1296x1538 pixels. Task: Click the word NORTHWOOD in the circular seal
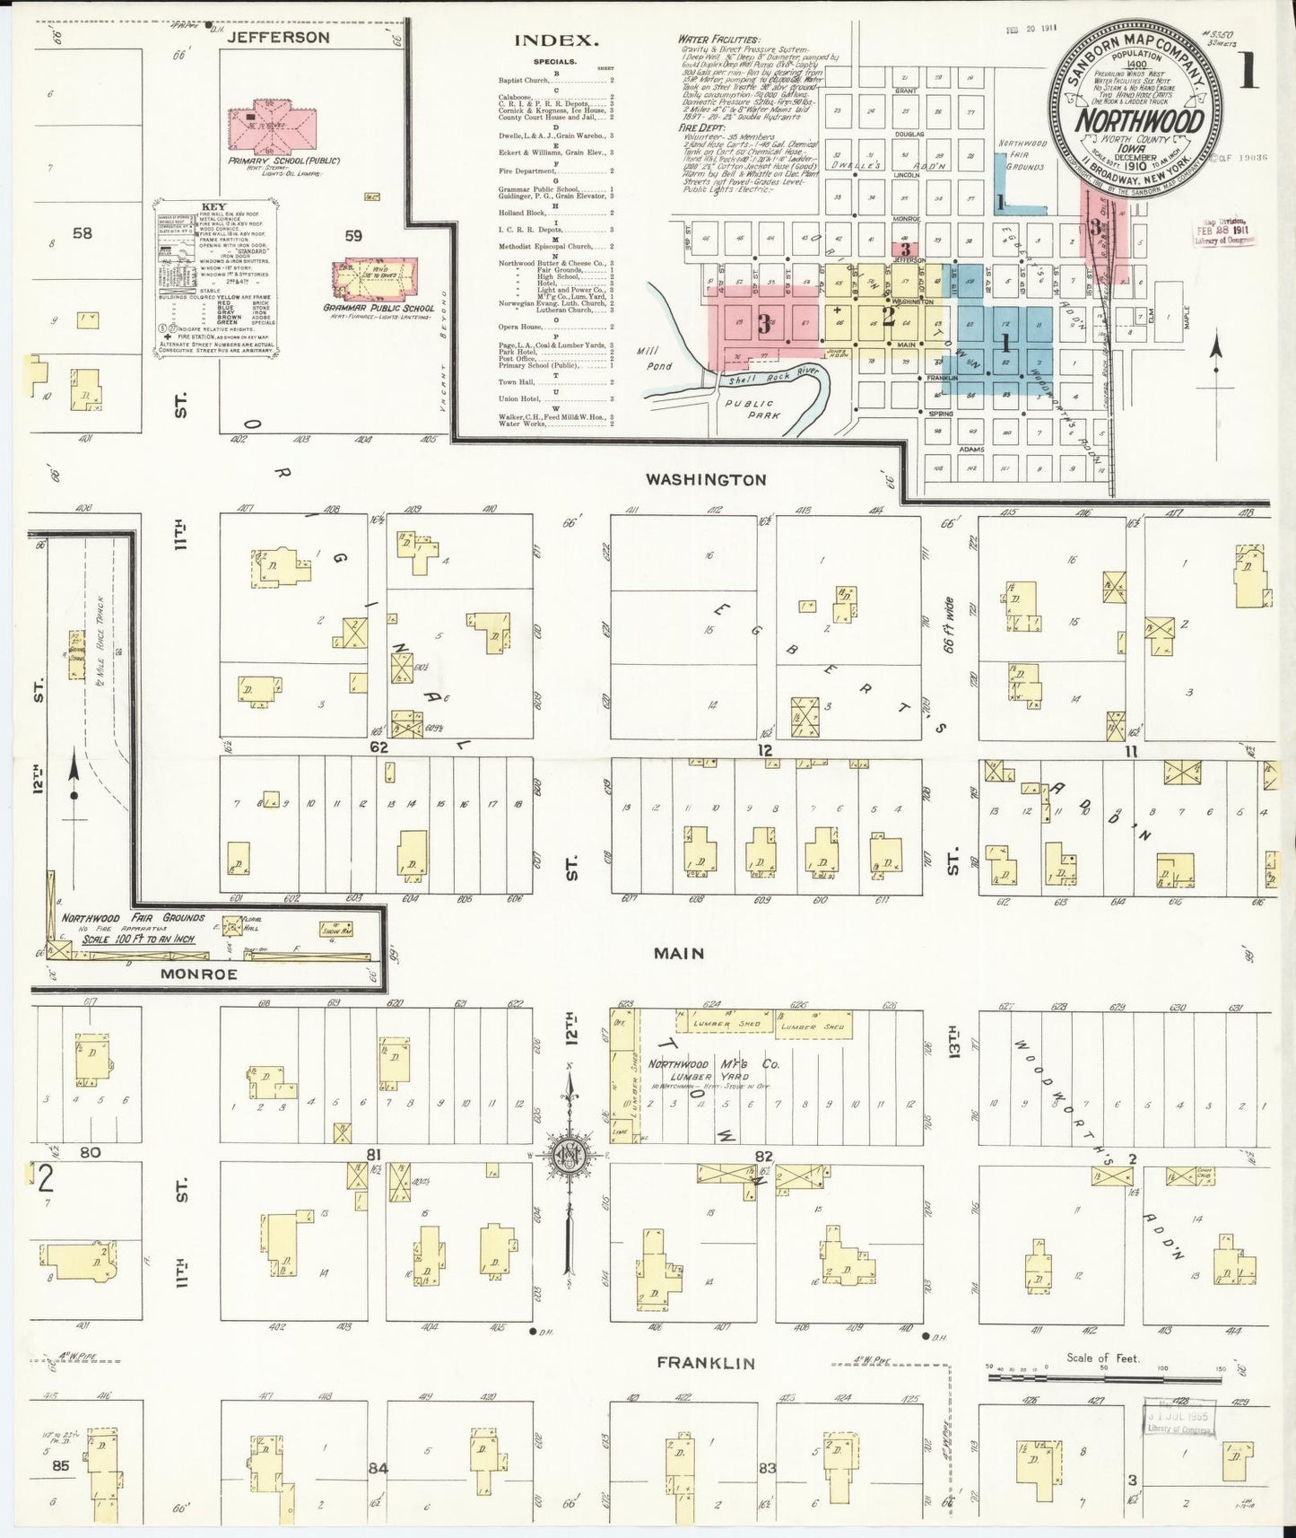1137,119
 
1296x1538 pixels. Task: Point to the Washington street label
707,480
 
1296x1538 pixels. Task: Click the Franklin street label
706,1362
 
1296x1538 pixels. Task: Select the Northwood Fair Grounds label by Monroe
133,918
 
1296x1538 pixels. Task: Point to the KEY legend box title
214,205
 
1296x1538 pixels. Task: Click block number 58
83,234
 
